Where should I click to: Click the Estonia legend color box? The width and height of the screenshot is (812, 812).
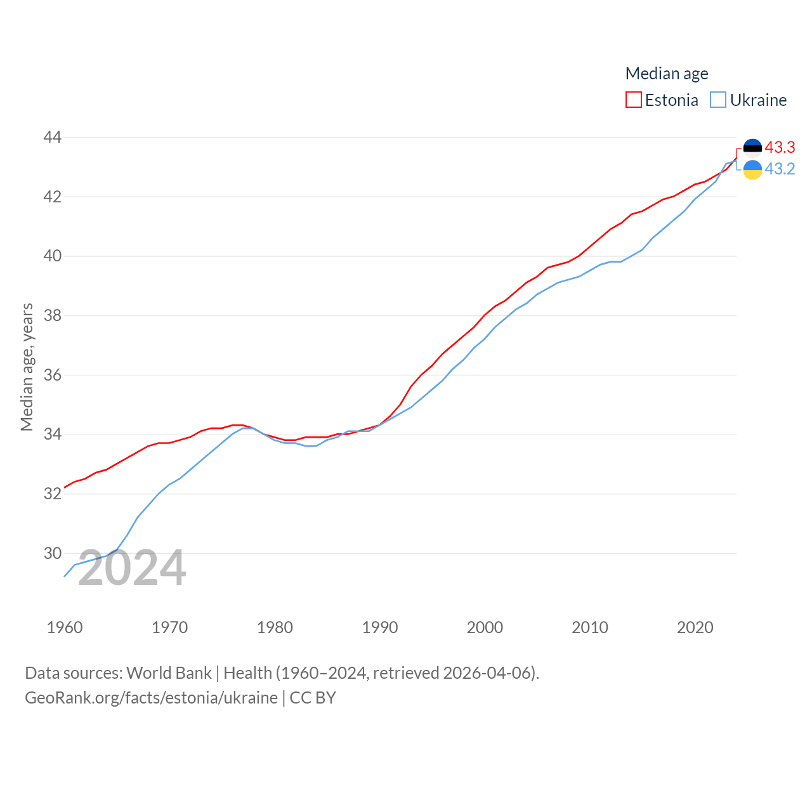633,100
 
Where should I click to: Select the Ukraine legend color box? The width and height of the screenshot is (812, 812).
718,100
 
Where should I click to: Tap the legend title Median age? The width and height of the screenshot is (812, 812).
666,74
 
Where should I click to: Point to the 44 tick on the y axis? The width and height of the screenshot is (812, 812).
52,137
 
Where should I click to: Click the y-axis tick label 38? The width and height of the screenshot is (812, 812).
52,315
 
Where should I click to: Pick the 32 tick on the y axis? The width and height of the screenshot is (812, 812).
52,494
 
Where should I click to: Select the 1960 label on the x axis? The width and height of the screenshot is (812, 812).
65,627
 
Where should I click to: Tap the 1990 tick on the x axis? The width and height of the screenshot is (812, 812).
379,627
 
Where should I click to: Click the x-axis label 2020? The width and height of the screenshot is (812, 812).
695,627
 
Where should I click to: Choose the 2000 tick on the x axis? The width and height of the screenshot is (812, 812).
485,627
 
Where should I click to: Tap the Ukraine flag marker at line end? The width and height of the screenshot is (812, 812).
752,170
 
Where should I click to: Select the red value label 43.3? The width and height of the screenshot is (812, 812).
780,147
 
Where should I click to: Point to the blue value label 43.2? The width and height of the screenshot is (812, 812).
780,169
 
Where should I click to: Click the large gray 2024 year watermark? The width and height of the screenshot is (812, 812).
132,568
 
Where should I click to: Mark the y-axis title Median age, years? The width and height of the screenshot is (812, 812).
27,367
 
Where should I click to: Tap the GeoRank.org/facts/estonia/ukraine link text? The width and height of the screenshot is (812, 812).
151,698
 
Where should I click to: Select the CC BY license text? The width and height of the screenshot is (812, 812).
313,698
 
